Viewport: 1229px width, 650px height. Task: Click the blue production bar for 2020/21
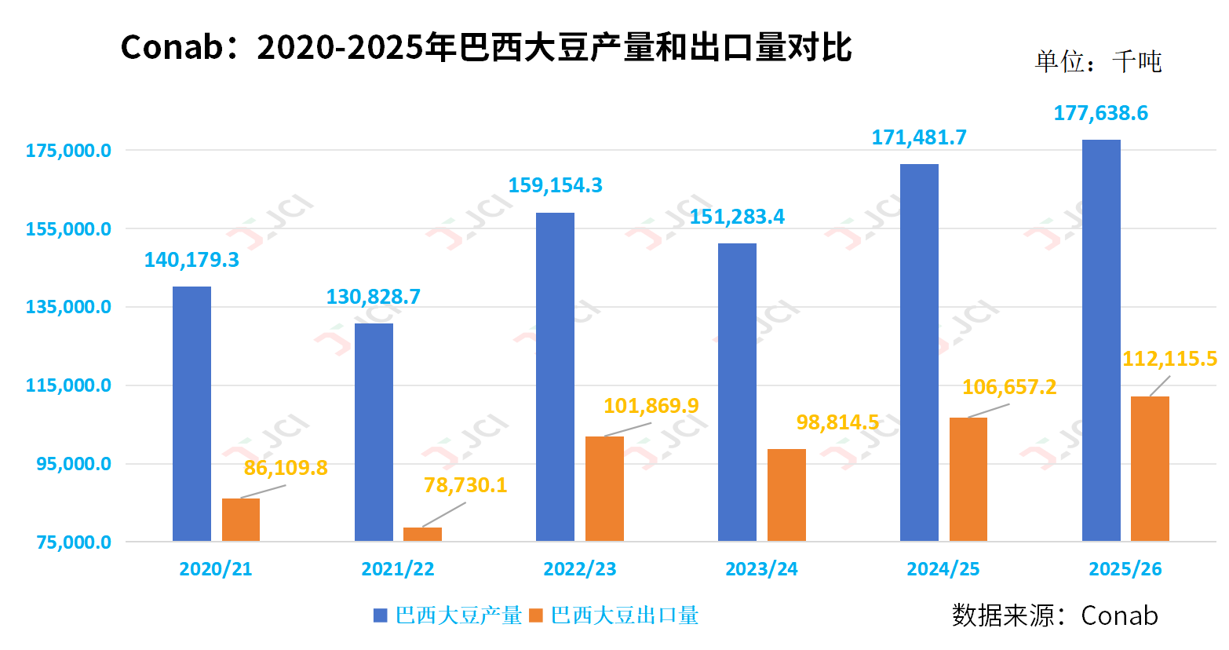[191, 414]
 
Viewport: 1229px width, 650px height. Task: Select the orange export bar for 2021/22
[422, 535]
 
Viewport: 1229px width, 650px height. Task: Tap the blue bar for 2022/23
[555, 377]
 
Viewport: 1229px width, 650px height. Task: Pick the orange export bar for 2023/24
[786, 495]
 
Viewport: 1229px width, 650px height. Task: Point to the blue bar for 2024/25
[919, 352]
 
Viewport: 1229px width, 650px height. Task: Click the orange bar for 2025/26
[1150, 469]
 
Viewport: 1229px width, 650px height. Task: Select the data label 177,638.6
[1100, 114]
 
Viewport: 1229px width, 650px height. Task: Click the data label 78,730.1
[465, 486]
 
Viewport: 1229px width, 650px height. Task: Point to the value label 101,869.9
[651, 407]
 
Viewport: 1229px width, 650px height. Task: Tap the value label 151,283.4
[737, 217]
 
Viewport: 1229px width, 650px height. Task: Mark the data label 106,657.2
[1009, 388]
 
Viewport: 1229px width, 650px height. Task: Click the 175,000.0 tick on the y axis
[68, 151]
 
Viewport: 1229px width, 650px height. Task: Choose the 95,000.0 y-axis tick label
[74, 464]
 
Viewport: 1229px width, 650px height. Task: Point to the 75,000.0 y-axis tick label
[74, 542]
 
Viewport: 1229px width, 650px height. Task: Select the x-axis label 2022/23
[580, 570]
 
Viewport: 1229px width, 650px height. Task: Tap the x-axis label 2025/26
[1125, 570]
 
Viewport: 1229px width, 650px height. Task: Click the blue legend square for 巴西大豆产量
[381, 616]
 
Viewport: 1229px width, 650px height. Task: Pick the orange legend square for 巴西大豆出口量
[536, 616]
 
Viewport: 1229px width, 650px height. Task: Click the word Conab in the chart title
[172, 48]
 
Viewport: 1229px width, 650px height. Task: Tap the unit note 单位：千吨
[1097, 62]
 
